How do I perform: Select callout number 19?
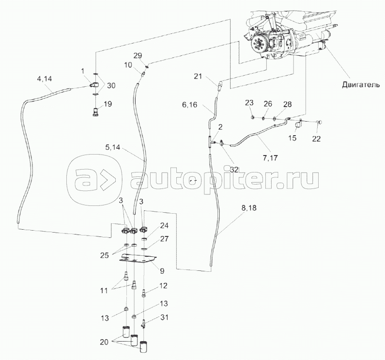coord(108,103)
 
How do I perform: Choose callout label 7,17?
coord(270,157)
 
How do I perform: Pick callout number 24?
coord(165,225)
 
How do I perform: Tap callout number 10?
coord(128,65)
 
